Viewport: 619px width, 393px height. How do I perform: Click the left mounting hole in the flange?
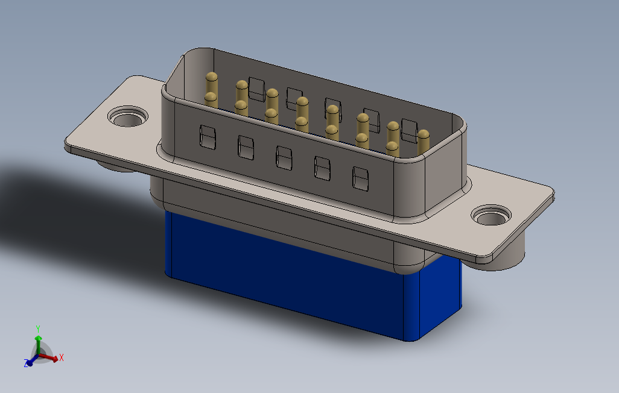pos(128,117)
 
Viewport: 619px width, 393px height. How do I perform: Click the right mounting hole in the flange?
pos(492,215)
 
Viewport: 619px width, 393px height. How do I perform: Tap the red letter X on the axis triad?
pos(61,358)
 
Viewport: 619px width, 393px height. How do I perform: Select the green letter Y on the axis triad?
pos(38,329)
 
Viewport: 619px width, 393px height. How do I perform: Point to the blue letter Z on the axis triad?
pos(27,363)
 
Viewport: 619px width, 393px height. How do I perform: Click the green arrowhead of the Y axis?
pos(38,339)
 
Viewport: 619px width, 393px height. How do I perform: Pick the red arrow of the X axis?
pos(48,357)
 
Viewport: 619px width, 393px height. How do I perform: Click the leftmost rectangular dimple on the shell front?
pos(208,137)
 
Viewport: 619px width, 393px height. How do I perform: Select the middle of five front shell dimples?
pos(284,158)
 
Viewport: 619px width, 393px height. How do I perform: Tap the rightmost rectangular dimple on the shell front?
pos(360,178)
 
